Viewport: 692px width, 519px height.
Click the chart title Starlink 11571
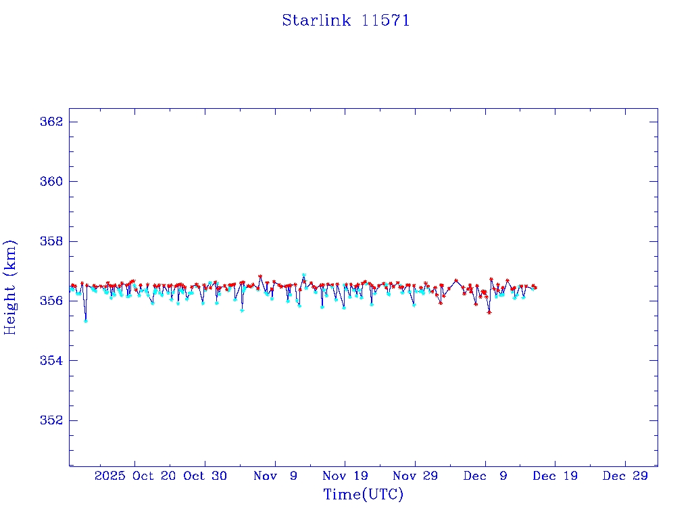[x=346, y=20]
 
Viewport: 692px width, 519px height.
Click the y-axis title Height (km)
[x=11, y=287]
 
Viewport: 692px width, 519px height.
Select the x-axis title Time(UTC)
[x=363, y=495]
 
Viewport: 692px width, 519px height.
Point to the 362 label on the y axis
[x=53, y=122]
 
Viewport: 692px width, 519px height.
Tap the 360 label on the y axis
[x=53, y=181]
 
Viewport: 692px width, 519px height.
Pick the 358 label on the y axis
[x=53, y=241]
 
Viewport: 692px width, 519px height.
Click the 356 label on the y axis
[x=53, y=301]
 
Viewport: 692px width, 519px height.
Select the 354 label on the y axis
[x=53, y=360]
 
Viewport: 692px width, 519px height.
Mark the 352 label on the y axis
[x=53, y=420]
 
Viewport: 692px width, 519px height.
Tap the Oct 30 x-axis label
[x=205, y=476]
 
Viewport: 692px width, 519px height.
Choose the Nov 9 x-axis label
[x=275, y=476]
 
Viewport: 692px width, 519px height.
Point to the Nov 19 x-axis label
[x=345, y=476]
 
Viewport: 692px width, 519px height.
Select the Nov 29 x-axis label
[x=415, y=476]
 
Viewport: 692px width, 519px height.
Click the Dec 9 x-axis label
[x=485, y=476]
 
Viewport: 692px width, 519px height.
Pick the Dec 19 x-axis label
[x=555, y=476]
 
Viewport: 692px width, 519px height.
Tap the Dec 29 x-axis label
[x=625, y=476]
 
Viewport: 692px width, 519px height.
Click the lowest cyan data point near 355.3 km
[x=86, y=320]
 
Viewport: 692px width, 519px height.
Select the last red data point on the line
[x=535, y=288]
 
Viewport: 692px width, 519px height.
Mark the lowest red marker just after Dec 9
[x=489, y=312]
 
